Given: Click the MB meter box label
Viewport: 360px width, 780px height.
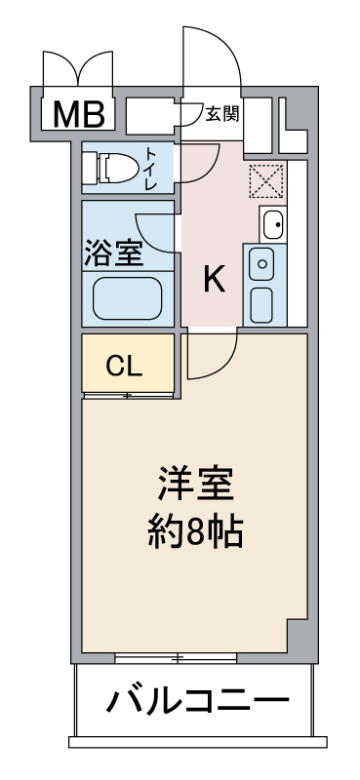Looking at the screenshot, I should [78, 114].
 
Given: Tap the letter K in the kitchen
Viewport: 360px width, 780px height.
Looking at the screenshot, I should [214, 281].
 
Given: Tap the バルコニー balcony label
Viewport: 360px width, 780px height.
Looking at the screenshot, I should [198, 700].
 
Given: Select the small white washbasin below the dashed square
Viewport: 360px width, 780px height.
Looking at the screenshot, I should [273, 225].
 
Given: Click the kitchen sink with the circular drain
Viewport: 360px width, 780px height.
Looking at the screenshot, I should [262, 262].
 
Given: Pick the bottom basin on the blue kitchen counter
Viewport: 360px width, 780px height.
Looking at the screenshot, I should [262, 304].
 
